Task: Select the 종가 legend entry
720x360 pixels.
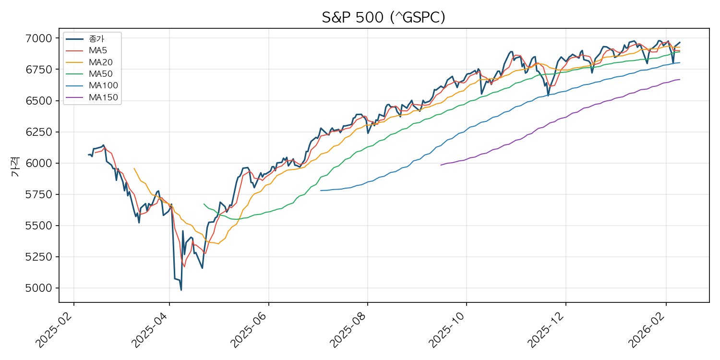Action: click(96, 39)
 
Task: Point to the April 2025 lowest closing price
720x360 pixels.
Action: click(181, 289)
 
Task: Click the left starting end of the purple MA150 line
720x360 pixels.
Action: click(440, 165)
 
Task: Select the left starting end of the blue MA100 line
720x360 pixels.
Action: click(321, 191)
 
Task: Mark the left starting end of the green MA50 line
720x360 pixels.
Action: click(204, 204)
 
